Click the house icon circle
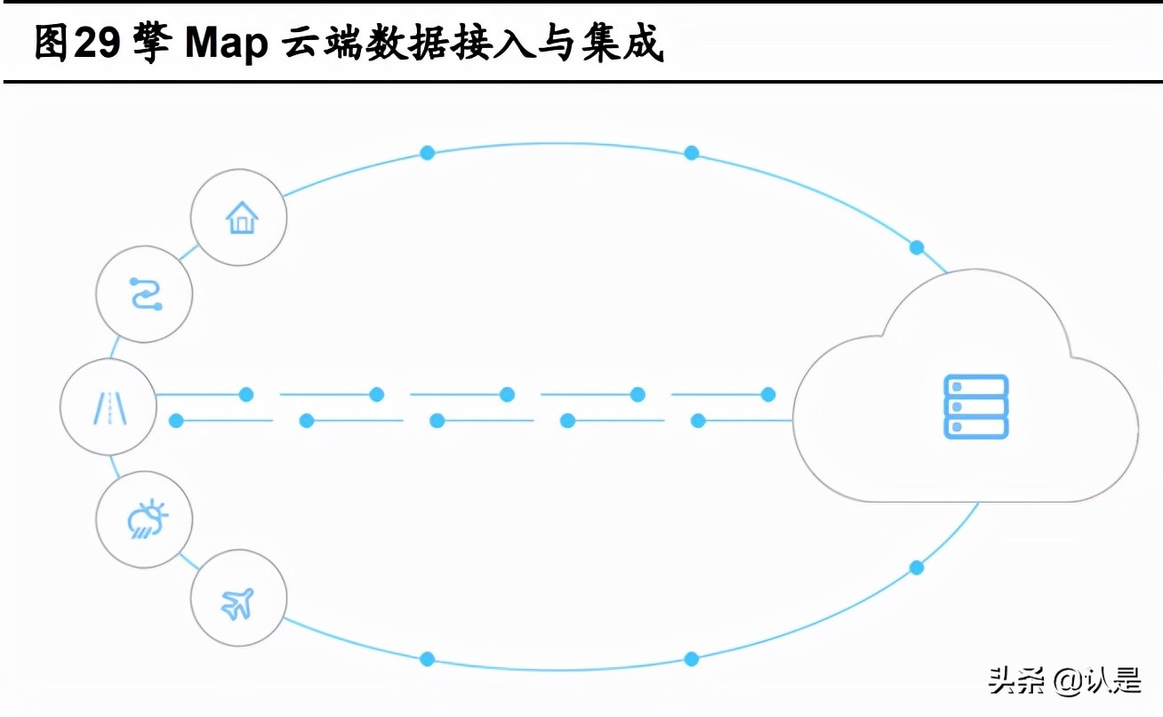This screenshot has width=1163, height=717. tap(239, 217)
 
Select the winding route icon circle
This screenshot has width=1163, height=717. tap(144, 294)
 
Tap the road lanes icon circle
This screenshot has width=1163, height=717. tap(108, 407)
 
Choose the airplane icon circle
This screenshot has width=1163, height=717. tap(238, 602)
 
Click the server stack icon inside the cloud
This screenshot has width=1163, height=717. tap(975, 407)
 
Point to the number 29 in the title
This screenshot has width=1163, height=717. tap(95, 44)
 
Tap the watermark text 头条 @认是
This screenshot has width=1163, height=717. tap(1063, 681)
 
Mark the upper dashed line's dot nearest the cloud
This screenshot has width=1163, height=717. tap(768, 394)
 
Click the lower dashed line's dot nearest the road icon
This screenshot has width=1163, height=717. tap(176, 420)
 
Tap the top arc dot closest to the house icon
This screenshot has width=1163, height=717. tap(427, 153)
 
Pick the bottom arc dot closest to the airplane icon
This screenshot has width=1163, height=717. tap(427, 659)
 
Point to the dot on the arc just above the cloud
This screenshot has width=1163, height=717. tap(916, 247)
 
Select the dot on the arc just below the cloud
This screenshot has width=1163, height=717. tap(916, 568)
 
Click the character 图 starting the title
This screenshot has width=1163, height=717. tap(52, 44)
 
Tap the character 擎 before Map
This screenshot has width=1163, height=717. tap(151, 44)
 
